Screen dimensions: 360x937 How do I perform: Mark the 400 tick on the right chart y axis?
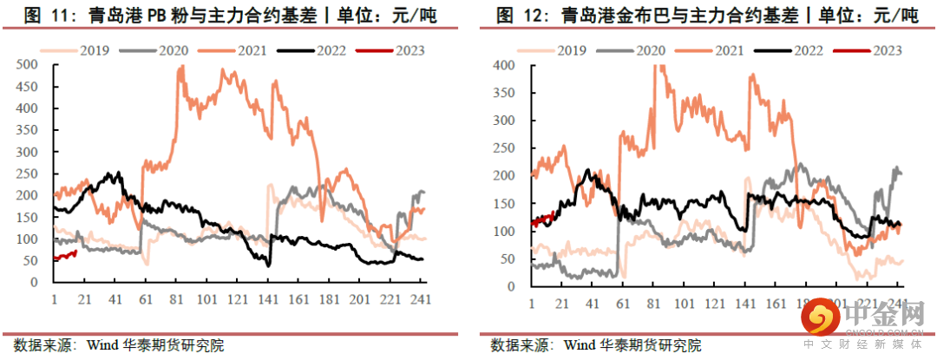point(503,65)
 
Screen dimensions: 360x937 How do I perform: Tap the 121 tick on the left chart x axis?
point(238,299)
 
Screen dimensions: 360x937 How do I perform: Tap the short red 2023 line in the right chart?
point(542,219)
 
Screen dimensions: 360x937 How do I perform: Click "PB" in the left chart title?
point(146,15)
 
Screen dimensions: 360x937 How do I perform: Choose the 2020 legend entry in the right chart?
point(634,49)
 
